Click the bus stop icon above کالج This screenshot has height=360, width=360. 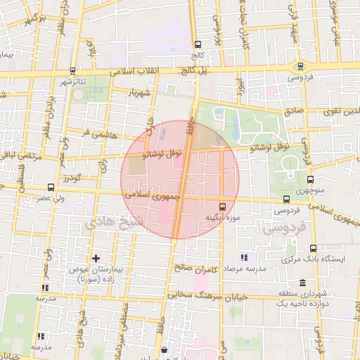point(198,44)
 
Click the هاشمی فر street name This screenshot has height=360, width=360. point(96,131)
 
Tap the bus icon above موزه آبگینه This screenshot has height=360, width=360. point(223,207)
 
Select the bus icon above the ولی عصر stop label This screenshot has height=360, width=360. point(50,188)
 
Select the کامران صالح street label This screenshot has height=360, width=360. point(194,268)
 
